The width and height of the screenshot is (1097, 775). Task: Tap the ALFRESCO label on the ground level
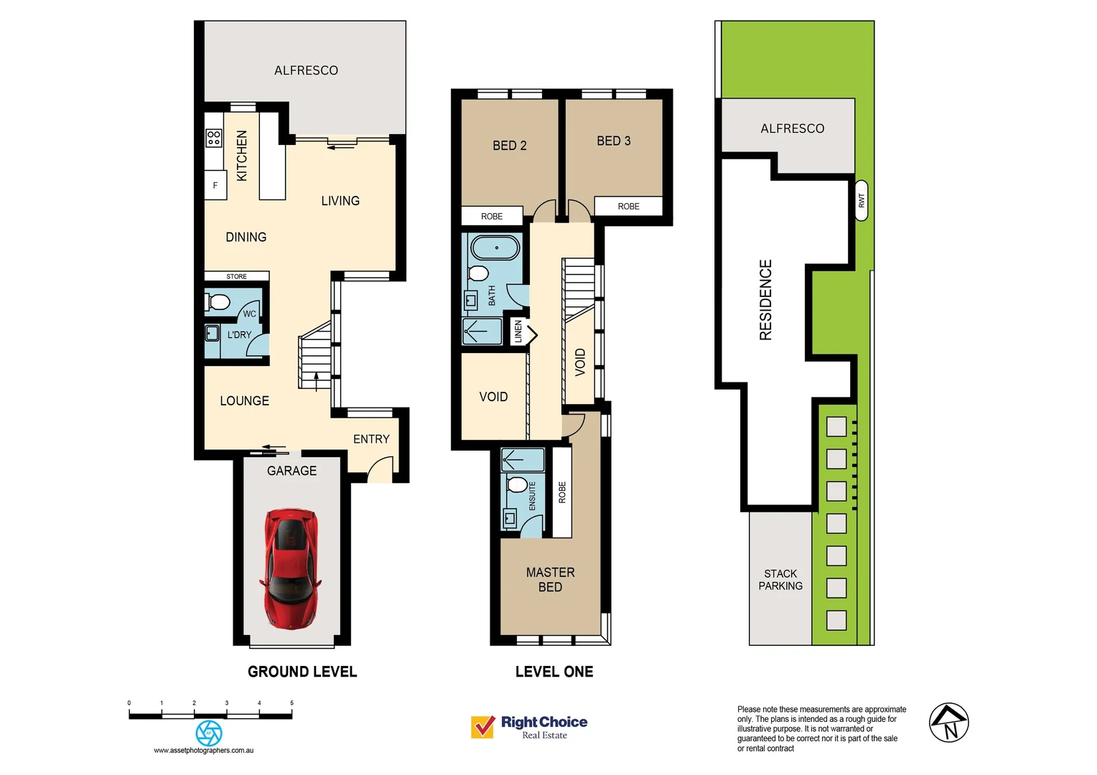coord(306,70)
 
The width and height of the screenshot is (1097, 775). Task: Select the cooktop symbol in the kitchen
coord(214,138)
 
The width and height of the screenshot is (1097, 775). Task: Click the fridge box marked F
coord(215,185)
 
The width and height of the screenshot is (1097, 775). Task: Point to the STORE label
coord(236,276)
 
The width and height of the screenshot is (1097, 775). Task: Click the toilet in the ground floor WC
coord(218,301)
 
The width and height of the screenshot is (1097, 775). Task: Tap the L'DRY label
coord(239,335)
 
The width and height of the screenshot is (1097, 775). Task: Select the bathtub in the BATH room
coord(495,248)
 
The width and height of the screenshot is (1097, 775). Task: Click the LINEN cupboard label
coord(518,331)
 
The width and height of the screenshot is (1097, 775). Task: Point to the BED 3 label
coord(614,141)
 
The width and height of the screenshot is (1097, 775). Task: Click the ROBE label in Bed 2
coord(492,216)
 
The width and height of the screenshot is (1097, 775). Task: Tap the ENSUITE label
coord(533,496)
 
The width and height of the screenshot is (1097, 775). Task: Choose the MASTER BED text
coord(550,580)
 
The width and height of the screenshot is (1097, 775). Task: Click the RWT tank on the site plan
coord(862,200)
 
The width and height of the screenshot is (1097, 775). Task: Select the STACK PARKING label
coord(780,580)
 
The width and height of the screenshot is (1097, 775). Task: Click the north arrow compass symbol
coord(948,723)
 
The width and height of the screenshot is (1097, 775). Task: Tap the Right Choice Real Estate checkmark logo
coord(482,727)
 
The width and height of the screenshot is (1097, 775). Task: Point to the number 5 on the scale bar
coord(291,703)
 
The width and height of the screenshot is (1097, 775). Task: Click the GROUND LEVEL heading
coord(302,672)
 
